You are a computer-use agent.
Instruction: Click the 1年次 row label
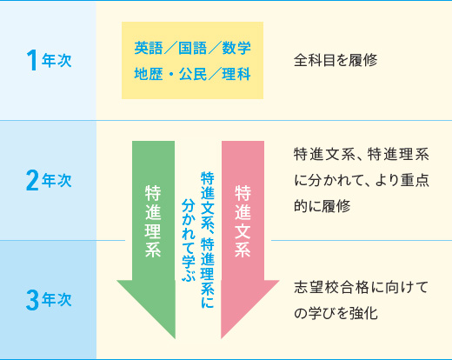pos(49,60)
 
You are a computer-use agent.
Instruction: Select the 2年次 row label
pos(49,180)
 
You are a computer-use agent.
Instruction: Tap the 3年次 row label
pos(49,300)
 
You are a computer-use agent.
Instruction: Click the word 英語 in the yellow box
pos(149,48)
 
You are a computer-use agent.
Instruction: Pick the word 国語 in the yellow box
pos(192,48)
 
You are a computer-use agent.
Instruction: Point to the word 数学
pos(236,48)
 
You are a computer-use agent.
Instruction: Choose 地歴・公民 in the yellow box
pos(170,74)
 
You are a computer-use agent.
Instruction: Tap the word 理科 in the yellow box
pos(236,74)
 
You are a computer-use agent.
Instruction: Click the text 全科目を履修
pos(336,60)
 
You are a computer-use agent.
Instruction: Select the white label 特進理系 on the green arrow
pos(153,221)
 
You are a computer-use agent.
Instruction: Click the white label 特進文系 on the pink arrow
pos(243,221)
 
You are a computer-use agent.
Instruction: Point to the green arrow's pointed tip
pos(175,338)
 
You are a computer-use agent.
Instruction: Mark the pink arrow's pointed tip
pos(222,338)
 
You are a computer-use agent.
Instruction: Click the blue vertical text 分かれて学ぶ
pos(189,240)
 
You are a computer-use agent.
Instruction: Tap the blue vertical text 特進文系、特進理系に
pos(208,239)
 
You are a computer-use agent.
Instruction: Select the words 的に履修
pos(322,206)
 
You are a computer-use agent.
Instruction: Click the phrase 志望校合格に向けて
pos(361,287)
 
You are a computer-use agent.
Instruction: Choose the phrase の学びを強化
pos(336,313)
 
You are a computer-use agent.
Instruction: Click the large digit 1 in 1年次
pos(32,60)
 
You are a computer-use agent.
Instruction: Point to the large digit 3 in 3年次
pos(32,300)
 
